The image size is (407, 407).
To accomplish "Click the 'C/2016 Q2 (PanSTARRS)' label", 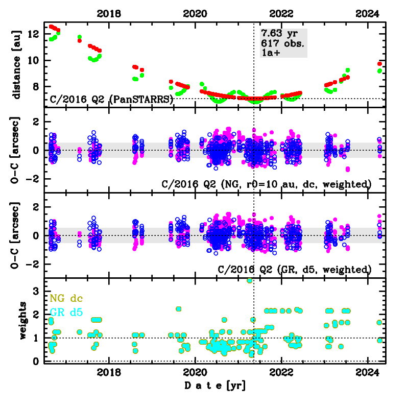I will tap(111, 100).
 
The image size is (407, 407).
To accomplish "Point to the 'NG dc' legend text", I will tap(66, 298).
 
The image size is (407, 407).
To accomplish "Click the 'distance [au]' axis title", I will tap(17, 64).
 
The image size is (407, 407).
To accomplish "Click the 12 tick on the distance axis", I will tap(35, 34).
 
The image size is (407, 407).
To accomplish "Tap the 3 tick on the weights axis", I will tap(37, 291).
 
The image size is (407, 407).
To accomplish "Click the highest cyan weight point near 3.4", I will tap(250, 280).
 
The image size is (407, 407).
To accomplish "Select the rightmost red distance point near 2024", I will tap(379, 64).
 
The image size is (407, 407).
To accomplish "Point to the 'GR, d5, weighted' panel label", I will tap(294, 269).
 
